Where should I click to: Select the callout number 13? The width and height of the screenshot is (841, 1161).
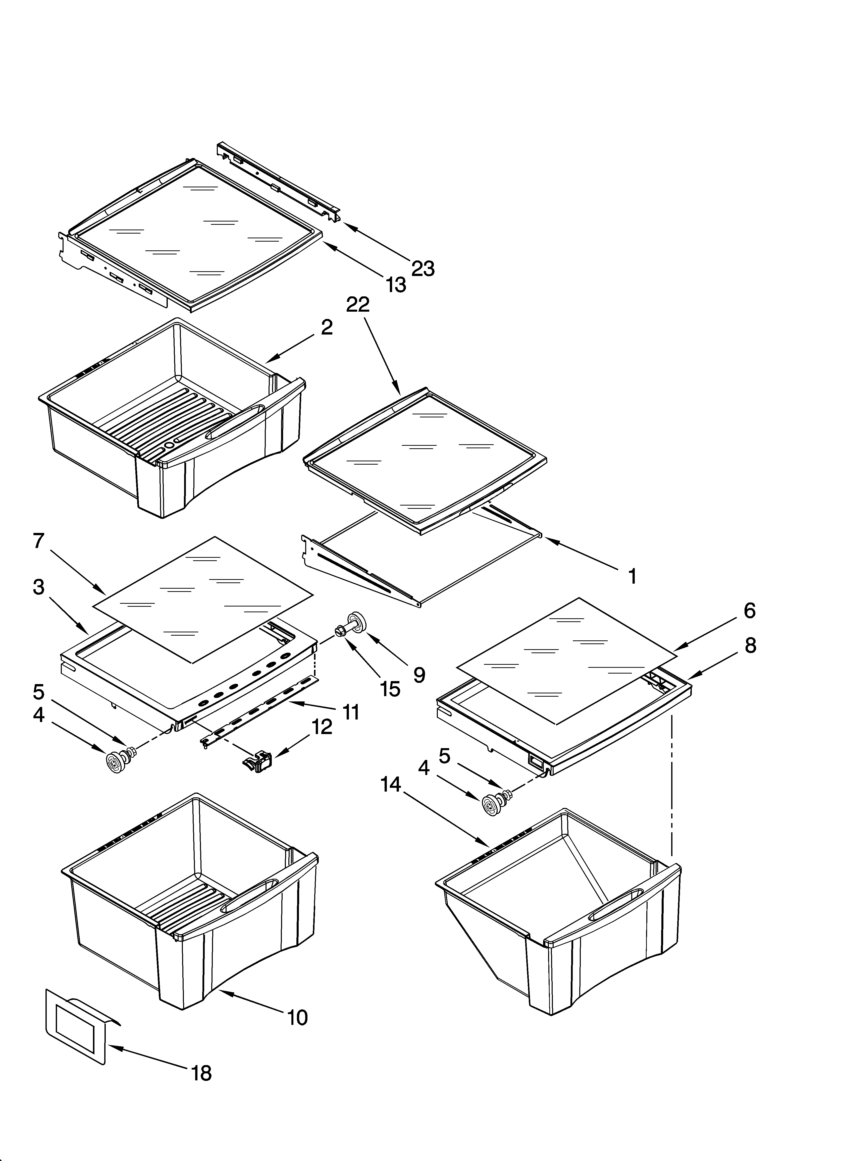tap(396, 285)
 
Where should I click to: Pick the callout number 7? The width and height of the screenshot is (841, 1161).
tap(39, 541)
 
